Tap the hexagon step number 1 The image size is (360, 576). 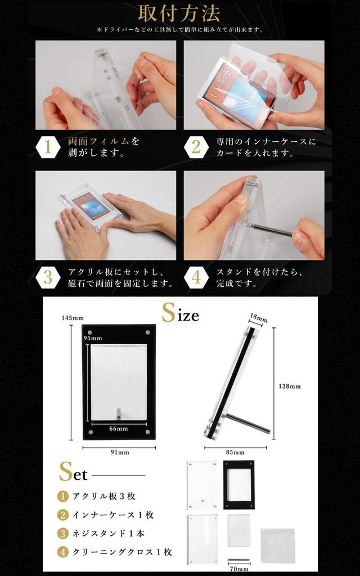point(48,147)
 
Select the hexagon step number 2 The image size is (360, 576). point(196,147)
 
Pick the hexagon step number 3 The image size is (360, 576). point(48,277)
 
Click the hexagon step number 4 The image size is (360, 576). point(196,277)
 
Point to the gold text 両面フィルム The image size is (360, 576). point(99,141)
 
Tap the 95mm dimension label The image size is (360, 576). point(93,338)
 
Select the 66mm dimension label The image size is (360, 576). point(119,429)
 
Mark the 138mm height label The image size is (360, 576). point(290,386)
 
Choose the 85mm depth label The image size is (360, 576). point(235,452)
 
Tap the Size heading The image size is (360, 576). point(180,313)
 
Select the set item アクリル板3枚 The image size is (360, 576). point(103,496)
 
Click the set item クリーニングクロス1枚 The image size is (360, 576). point(121,552)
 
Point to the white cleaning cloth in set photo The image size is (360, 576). point(277,545)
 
